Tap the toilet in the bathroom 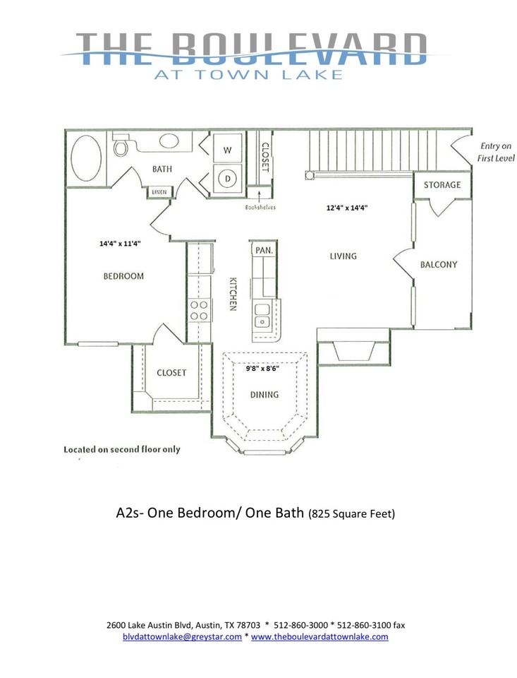click(121, 147)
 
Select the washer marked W click(228, 150)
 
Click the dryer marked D click(228, 179)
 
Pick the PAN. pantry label click(264, 250)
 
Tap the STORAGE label click(442, 185)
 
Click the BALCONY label click(439, 265)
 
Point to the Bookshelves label click(260, 208)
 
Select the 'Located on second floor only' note click(122, 449)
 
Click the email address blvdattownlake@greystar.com click(182, 636)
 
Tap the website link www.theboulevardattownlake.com click(320, 636)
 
